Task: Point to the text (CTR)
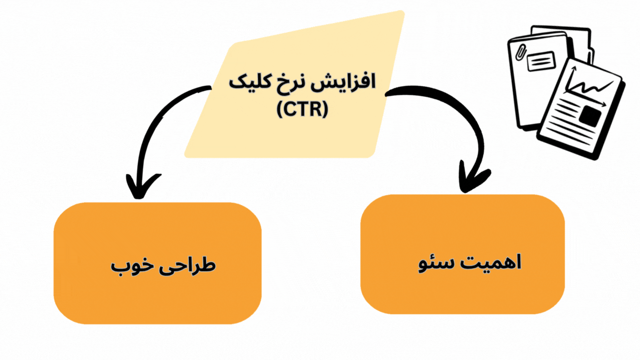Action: tap(302, 109)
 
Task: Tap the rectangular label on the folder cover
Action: tap(541, 62)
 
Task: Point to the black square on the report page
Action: tap(590, 116)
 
